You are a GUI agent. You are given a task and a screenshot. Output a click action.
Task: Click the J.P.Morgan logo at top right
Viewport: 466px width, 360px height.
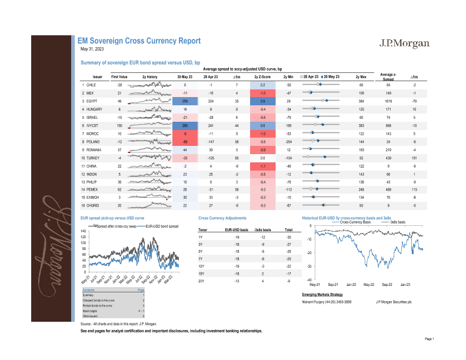404,44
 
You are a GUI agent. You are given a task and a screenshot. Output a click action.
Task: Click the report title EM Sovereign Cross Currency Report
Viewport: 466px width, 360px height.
139,41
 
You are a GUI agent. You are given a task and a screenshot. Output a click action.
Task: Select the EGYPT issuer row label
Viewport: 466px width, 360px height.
91,101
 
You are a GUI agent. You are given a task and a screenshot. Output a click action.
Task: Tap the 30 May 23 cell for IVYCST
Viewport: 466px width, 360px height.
185,125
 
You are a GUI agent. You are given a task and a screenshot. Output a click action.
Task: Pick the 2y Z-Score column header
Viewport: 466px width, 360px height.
262,77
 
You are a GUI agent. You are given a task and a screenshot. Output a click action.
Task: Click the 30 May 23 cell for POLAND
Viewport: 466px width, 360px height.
185,141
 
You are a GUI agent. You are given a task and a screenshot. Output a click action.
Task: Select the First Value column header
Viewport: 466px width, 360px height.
119,77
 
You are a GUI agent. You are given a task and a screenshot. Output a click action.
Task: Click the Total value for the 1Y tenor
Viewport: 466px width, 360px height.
288,236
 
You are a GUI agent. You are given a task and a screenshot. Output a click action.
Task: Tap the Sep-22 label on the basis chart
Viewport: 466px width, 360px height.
387,285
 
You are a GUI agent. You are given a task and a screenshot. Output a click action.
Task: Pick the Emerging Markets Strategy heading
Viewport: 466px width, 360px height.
322,294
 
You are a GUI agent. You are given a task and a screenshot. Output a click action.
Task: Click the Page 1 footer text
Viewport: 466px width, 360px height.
428,339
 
